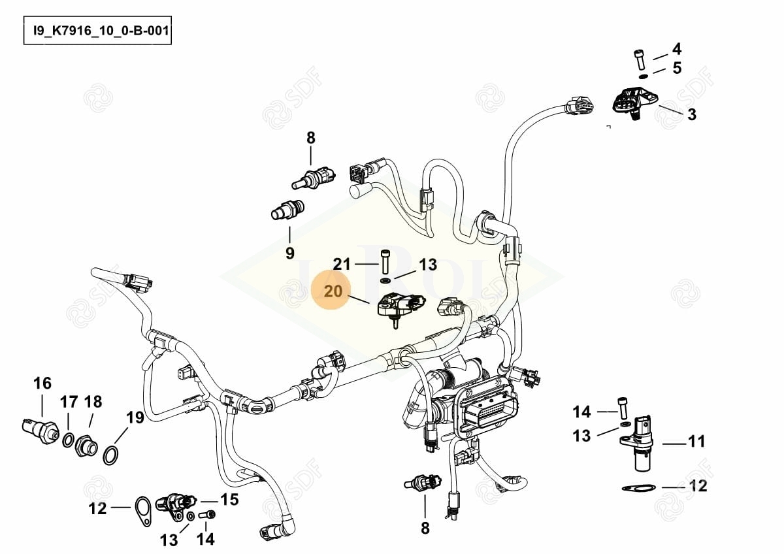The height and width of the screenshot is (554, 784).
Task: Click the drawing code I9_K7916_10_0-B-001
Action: [97, 31]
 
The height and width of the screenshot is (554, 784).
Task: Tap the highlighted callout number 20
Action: [333, 291]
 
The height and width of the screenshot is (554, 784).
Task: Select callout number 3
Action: [691, 115]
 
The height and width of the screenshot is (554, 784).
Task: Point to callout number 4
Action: [676, 49]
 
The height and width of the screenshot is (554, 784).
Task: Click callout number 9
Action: [290, 253]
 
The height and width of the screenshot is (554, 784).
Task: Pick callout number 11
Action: [697, 442]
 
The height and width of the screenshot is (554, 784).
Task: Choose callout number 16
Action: [42, 383]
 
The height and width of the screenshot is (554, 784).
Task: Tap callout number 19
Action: [135, 417]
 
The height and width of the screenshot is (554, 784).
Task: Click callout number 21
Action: [342, 264]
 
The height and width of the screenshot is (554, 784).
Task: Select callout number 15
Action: [229, 500]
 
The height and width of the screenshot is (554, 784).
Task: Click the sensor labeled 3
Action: [630, 103]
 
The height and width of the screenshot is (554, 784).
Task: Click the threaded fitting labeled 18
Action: [86, 447]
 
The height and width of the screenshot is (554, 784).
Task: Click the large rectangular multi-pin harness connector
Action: [489, 412]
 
